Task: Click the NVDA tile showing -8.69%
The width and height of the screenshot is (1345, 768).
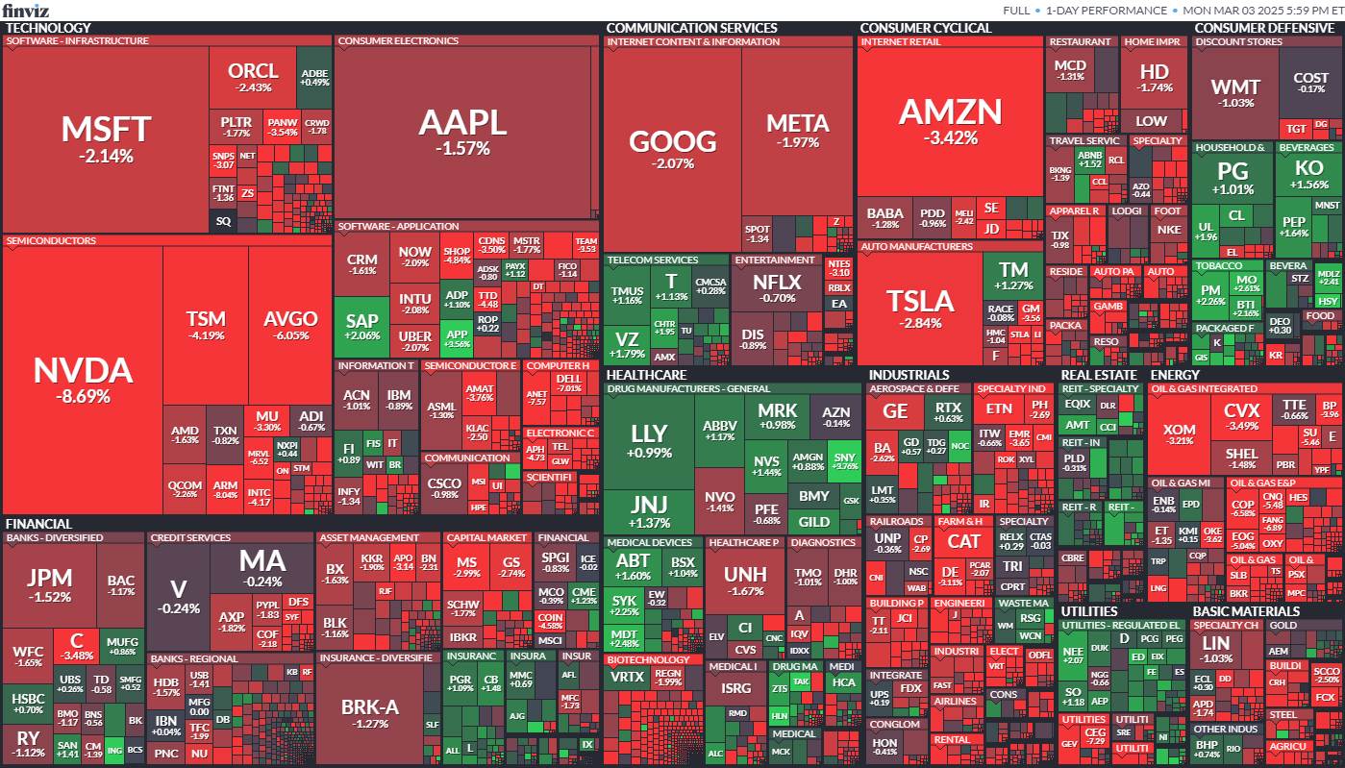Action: coord(83,380)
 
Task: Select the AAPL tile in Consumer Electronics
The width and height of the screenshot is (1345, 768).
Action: coord(462,131)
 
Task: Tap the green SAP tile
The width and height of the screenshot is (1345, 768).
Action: coord(361,327)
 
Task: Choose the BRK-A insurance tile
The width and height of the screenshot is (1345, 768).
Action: coord(369,712)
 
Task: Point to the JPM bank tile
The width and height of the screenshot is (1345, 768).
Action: coord(49,584)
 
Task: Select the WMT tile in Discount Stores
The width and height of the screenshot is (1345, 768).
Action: coord(1234,93)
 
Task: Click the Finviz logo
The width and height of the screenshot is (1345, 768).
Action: coord(27,10)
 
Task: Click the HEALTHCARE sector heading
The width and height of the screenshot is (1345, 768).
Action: coord(646,375)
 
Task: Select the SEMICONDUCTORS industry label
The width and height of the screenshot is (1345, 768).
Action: coord(50,240)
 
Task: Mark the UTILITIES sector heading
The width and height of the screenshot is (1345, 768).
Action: coord(1088,611)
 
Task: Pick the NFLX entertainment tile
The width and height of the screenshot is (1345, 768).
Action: coord(776,288)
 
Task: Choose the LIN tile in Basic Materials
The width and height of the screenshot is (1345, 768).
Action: coord(1216,649)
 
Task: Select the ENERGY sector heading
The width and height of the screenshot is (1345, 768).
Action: coord(1175,375)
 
